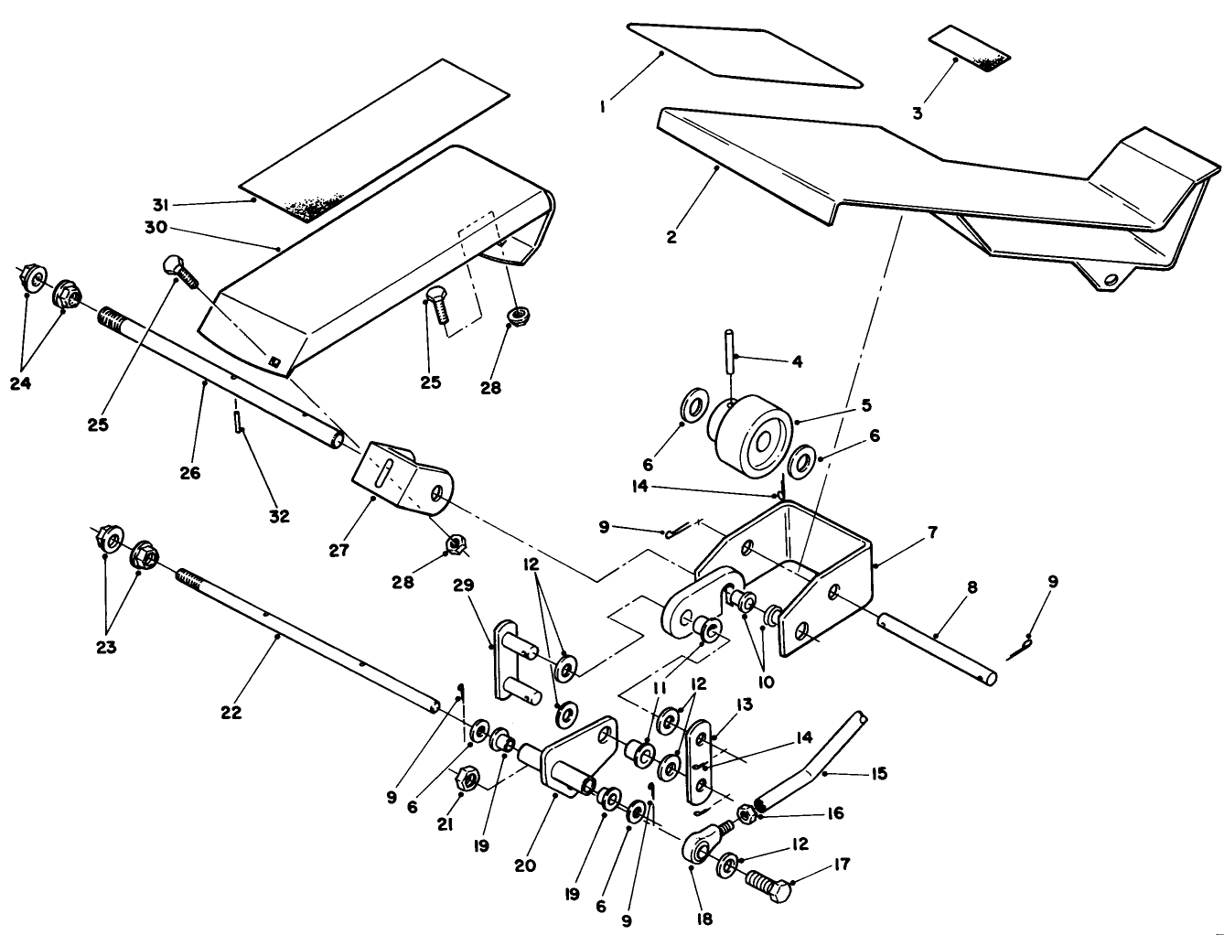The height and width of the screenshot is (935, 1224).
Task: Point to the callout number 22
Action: point(231,713)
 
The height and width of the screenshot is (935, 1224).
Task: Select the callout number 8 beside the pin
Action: point(972,587)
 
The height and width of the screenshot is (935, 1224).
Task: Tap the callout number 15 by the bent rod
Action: point(879,774)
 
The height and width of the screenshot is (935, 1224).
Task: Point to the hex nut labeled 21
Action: point(465,779)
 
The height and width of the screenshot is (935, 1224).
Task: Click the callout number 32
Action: point(279,516)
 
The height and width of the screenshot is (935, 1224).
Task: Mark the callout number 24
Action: point(21,383)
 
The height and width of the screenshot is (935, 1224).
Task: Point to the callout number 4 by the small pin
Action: point(797,361)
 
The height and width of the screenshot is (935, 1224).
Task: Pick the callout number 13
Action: point(743,704)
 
